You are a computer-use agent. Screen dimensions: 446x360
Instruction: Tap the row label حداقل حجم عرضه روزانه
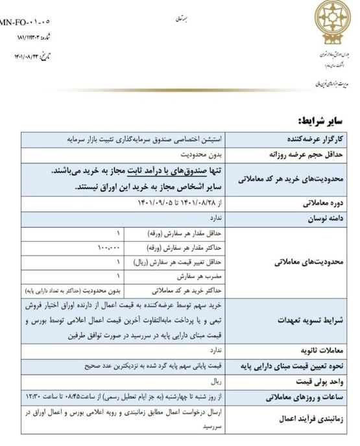305,155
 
